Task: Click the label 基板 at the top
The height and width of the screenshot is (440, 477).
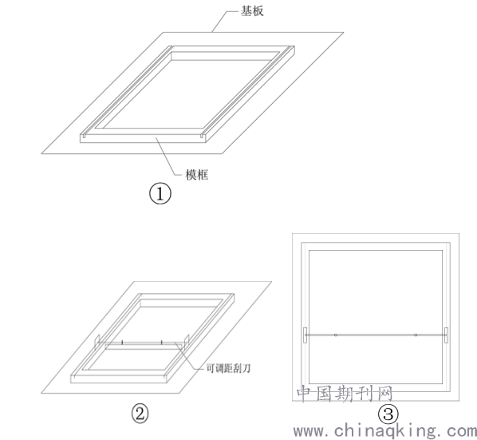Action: click(x=252, y=11)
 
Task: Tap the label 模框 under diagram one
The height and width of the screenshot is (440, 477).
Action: click(x=197, y=175)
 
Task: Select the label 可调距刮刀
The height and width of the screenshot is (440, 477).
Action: click(x=228, y=368)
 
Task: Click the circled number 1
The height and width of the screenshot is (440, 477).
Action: click(x=160, y=193)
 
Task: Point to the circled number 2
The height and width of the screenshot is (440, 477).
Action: click(x=140, y=414)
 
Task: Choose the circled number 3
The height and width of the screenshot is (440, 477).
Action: click(x=388, y=414)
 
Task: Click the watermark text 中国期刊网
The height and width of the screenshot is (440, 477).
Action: click(x=345, y=394)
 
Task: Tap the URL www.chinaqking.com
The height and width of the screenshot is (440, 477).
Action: click(x=384, y=431)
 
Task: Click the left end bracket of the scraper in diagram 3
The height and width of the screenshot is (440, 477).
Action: click(x=306, y=335)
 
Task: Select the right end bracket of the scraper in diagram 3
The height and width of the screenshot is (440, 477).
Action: click(x=446, y=335)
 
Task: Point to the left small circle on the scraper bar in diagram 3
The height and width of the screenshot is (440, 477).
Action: click(x=336, y=335)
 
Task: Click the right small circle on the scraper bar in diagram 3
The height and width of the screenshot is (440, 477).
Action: click(x=416, y=335)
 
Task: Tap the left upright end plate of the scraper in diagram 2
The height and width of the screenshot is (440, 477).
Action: click(x=97, y=341)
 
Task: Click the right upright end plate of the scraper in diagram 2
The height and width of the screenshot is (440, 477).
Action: click(x=187, y=341)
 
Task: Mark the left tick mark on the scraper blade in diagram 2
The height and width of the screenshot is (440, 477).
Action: click(x=122, y=343)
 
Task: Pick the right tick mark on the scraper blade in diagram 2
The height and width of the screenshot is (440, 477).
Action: click(x=162, y=343)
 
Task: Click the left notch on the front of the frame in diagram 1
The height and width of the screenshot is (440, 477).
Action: click(x=83, y=136)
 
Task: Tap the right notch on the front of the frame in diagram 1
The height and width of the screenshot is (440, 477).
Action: click(x=203, y=136)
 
